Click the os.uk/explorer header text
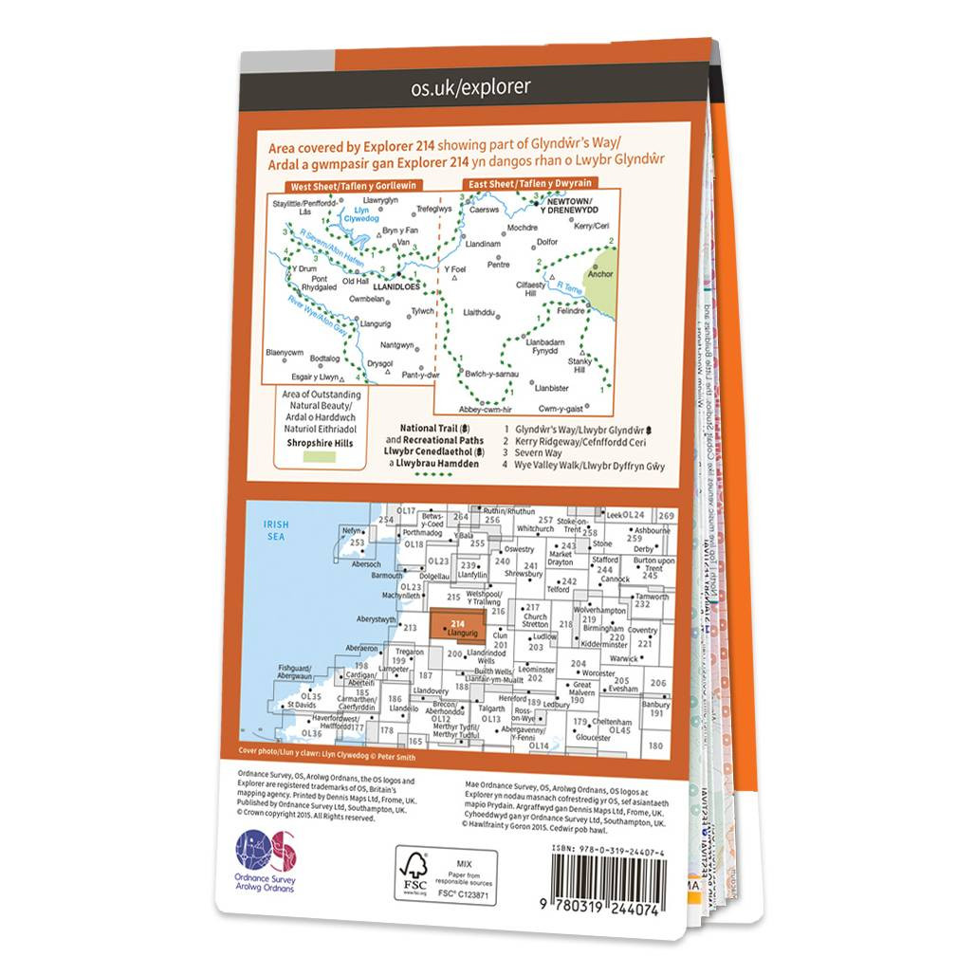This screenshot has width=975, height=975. pos(470,88)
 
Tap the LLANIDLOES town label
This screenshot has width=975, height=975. pos(397,285)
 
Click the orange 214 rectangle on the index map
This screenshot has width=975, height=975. pos(458,625)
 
